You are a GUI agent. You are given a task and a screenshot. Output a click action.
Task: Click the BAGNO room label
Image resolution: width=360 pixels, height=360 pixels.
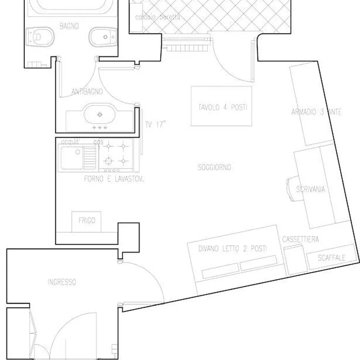coord(69,26)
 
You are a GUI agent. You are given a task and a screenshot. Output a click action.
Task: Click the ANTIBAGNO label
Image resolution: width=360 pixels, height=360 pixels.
coord(87,92)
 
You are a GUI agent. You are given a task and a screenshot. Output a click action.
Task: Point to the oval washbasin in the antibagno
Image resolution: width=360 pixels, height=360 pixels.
coord(100,114)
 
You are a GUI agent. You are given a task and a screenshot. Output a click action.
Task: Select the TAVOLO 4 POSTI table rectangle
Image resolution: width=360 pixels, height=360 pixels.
coord(221,106)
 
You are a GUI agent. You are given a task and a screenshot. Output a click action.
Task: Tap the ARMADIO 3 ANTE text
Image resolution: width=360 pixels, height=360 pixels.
coord(316,112)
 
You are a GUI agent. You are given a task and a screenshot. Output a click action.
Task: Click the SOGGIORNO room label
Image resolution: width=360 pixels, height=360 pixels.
coord(215,167)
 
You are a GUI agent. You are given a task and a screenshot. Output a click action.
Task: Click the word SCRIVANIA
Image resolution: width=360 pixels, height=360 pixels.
coord(310,189)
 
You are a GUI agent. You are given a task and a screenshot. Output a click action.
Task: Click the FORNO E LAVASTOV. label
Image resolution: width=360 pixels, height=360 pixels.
coord(114,179)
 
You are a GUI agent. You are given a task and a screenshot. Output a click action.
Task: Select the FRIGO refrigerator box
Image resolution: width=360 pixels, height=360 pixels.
coord(87,221)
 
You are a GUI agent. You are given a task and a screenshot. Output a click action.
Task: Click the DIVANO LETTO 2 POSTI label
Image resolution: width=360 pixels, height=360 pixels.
coord(233,249)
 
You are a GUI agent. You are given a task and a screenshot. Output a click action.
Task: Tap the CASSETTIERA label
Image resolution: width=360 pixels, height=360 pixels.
coord(300,239)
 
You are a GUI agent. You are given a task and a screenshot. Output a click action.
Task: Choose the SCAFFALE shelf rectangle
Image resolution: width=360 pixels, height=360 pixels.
coord(332,258)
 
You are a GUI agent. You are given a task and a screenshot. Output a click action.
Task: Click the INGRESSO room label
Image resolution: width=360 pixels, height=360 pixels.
coord(62,282)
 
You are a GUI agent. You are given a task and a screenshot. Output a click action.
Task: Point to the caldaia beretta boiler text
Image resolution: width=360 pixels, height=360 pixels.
coord(157,17)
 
